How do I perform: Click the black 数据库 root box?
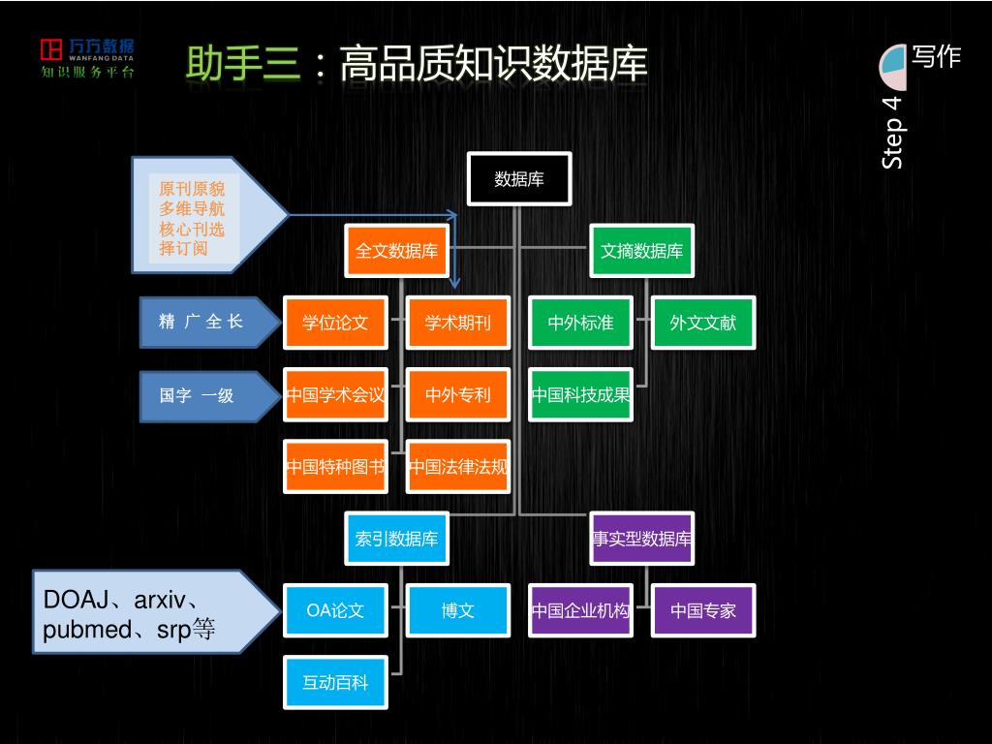coord(519,179)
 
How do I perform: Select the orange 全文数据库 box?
coord(396,252)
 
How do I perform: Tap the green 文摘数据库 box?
coord(641,252)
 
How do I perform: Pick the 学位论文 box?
coord(335,323)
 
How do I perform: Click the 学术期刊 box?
coord(458,323)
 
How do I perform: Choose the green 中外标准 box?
coord(580,323)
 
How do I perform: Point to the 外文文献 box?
coord(703,323)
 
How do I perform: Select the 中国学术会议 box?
coord(335,395)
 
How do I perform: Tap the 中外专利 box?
coord(458,395)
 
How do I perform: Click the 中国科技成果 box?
coord(580,395)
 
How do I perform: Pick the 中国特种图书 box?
coord(335,467)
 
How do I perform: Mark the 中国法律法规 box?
coord(458,467)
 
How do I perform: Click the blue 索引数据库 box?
coord(396,539)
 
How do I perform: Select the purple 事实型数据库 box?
coord(642,539)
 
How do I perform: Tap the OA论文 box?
coord(335,610)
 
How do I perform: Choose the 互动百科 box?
coord(335,683)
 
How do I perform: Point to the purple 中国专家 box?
coord(703,610)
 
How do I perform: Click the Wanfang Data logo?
coord(87,58)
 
